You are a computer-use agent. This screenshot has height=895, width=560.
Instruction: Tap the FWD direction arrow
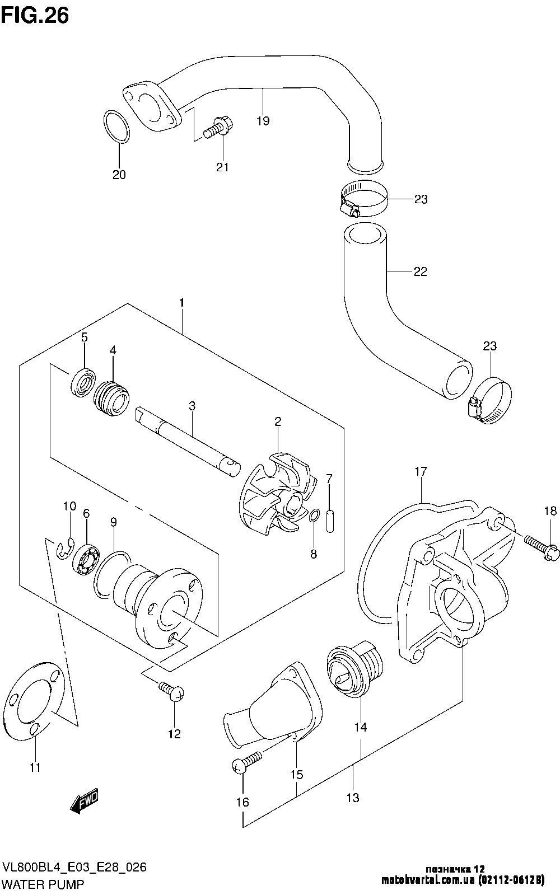(x=85, y=800)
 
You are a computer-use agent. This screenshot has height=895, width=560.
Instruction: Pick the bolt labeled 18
(x=542, y=548)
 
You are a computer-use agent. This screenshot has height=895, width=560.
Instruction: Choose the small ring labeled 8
(x=315, y=516)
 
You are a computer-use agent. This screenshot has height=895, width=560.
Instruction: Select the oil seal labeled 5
(x=83, y=383)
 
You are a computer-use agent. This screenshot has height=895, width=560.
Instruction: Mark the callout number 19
(x=263, y=121)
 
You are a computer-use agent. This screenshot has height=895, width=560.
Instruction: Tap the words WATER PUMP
(x=43, y=885)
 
